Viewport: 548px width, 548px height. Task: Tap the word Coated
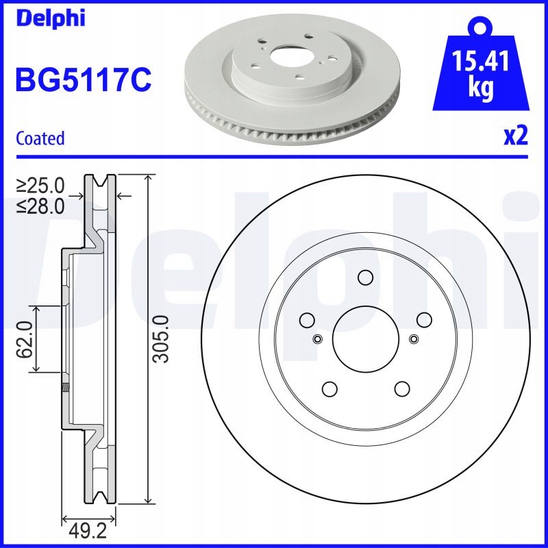point(40,138)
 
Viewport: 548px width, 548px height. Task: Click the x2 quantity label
point(516,137)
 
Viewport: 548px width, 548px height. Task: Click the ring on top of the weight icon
point(479,27)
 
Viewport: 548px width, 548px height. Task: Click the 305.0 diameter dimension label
point(162,340)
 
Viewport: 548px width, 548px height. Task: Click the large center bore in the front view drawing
point(364,338)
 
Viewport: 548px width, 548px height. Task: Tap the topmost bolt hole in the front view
point(364,277)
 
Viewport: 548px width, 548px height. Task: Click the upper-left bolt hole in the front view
point(306,319)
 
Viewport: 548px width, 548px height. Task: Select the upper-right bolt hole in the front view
point(423,319)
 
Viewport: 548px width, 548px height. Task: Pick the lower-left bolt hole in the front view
point(329,388)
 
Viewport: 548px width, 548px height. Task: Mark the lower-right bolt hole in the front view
point(401,388)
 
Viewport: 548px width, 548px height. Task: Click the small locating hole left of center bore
point(316,339)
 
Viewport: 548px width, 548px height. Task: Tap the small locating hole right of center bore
point(413,339)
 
